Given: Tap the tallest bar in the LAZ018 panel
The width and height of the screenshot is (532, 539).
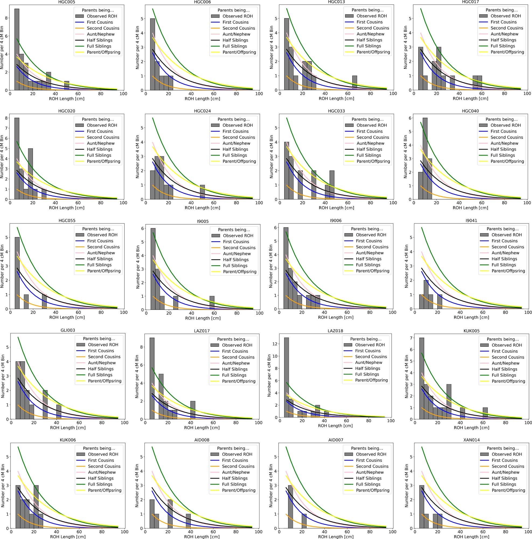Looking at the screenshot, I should pos(286,377).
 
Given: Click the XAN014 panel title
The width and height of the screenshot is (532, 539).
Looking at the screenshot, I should pos(471,440).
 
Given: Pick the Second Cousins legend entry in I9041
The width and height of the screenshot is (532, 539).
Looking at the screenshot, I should pos(507,247).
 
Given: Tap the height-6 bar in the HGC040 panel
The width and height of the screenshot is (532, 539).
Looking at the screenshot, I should pos(425,159).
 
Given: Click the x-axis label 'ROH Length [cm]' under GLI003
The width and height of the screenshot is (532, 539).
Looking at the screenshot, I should pos(68,428).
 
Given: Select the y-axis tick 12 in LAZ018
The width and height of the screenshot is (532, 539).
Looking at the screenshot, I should pos(276,344).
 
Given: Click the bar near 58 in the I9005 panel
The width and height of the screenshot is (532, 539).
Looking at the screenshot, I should pos(212,302).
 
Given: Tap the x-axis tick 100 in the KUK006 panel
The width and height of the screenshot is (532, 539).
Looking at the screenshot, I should pos(124,532).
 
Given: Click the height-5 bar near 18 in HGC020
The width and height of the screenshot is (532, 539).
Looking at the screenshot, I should pos(30,174).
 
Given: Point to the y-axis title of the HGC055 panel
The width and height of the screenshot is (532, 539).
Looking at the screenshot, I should pos(2,266).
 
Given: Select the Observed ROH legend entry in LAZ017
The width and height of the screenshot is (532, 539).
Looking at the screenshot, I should pos(237,345).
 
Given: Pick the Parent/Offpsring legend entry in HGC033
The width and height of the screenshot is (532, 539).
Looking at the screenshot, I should pos(373,161).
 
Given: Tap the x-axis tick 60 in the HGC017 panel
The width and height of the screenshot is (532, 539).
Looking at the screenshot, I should pos(482,93).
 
